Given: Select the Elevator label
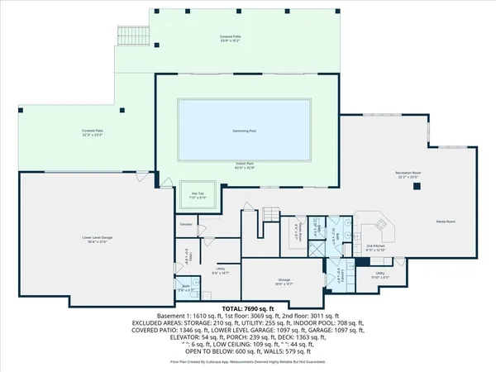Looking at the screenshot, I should (186, 224).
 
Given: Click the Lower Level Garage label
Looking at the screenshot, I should (98, 240).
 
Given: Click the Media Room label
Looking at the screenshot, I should (446, 222).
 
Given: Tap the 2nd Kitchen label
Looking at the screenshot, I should (377, 247).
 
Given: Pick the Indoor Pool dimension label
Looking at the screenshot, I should (246, 168).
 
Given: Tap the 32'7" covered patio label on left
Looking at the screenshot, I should (92, 132).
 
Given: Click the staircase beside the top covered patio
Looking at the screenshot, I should (131, 34).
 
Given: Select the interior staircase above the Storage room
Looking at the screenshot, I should (272, 213).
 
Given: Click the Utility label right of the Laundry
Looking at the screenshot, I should (379, 274).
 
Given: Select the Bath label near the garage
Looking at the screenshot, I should (187, 289).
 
